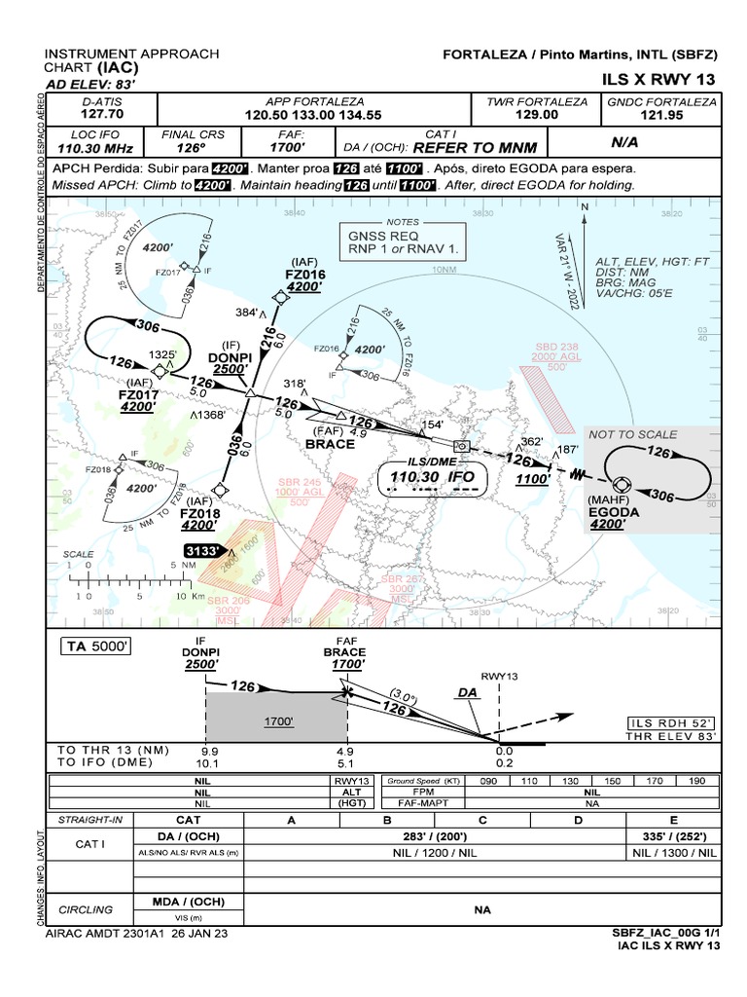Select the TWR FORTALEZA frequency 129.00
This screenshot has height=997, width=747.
click(537, 114)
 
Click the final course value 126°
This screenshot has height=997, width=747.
click(192, 148)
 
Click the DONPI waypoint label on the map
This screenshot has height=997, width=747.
click(230, 357)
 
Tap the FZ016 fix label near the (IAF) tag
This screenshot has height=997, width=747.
click(306, 275)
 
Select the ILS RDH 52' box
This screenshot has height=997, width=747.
click(671, 722)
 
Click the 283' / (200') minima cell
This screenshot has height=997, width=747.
click(434, 836)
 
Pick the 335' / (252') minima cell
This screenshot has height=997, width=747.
click(673, 836)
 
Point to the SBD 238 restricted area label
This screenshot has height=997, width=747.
click(556, 347)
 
